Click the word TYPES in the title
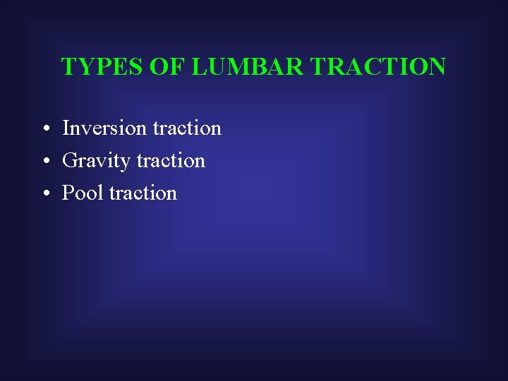102,67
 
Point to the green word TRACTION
378,67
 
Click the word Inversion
105,128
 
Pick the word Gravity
97,162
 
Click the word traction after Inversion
187,128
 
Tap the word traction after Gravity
171,161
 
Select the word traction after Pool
143,193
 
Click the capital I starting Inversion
66,128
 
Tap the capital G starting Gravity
70,161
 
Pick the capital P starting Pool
68,193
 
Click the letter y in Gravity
126,163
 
